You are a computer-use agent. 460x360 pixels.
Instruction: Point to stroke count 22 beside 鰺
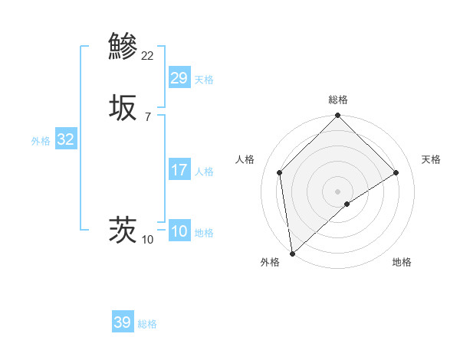148,55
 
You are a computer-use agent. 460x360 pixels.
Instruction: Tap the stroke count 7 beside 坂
147,117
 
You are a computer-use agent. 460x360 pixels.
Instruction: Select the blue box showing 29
179,78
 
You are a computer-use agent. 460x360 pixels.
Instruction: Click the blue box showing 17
179,170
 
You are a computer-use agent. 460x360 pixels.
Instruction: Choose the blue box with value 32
66,139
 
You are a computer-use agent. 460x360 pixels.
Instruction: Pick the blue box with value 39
123,322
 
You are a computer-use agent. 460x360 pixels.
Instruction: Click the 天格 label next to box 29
204,80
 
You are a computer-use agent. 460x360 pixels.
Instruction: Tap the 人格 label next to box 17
204,172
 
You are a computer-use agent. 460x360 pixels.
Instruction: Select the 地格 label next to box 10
204,233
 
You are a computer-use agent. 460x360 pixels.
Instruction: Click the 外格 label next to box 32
41,141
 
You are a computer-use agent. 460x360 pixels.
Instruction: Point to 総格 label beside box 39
147,324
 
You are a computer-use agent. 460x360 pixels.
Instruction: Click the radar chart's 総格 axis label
338,100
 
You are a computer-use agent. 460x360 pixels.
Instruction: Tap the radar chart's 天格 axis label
431,159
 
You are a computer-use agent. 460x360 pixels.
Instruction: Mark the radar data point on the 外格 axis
291,254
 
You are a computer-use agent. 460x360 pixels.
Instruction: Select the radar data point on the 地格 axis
347,204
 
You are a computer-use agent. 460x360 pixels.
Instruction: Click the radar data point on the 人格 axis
280,172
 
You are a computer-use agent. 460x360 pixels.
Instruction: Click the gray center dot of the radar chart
338,191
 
